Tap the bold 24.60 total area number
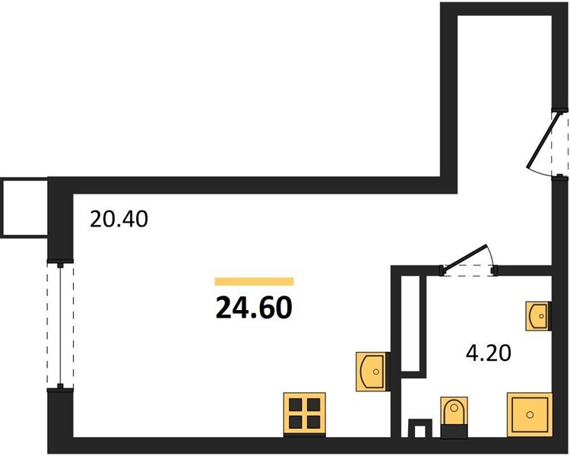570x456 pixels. coord(254,308)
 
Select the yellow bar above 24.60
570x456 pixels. coord(254,281)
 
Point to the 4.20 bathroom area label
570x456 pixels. coord(487,353)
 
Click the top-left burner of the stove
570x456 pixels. coord(295,404)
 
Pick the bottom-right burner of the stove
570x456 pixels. coord(314,423)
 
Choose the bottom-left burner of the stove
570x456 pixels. coord(295,423)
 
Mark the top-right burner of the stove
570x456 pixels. coord(314,404)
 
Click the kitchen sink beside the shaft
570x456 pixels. coord(372,370)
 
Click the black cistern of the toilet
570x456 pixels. coord(454,431)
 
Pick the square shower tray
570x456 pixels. coord(528,414)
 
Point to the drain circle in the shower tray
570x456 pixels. coord(528,414)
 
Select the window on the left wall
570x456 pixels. coord(59,326)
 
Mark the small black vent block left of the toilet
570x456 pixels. coord(417,429)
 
